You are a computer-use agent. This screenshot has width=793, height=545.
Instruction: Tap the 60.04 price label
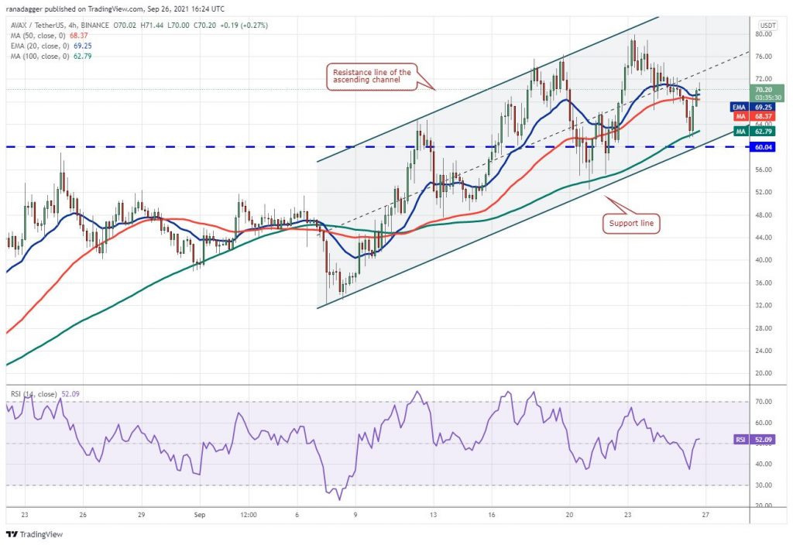click(x=764, y=146)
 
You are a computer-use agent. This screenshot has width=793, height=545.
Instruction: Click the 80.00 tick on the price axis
click(x=764, y=34)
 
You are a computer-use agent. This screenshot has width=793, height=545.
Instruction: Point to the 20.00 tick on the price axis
click(x=764, y=373)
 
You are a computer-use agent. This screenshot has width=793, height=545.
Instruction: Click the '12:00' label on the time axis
click(x=249, y=514)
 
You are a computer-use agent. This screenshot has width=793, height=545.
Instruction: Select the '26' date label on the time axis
click(x=82, y=514)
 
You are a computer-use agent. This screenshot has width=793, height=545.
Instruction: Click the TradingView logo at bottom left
click(x=34, y=534)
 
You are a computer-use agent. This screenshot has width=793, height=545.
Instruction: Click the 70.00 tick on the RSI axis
click(x=764, y=403)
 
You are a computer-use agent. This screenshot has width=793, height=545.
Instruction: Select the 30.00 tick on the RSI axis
click(x=764, y=485)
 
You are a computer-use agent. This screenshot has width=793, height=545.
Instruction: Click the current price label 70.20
click(x=764, y=89)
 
